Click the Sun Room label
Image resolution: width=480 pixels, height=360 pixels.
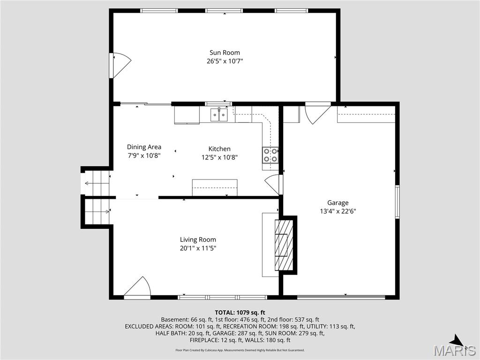pos(225,52)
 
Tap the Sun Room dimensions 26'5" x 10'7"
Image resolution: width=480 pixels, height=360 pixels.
pos(225,61)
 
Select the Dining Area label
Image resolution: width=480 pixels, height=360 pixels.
pos(144,147)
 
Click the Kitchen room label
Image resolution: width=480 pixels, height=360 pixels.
pos(219,149)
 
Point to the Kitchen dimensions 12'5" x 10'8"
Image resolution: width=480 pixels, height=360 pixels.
pos(219,157)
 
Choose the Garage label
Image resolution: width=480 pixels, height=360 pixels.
pos(337,202)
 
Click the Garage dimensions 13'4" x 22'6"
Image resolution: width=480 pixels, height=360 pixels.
pos(337,211)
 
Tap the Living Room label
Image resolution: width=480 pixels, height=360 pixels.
pos(198,240)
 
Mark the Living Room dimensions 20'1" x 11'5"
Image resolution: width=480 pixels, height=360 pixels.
pos(198,248)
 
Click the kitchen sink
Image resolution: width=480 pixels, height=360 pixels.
pos(218,114)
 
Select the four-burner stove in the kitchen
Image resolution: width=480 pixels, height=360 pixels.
pos(270,155)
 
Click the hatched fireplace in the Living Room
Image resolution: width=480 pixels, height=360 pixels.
pos(284,245)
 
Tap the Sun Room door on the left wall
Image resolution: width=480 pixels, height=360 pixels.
pos(120,65)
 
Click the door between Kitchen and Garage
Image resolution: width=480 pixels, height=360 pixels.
pos(274,184)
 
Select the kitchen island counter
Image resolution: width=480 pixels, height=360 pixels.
pos(214,187)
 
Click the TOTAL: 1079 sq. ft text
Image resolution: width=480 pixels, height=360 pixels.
pos(240,312)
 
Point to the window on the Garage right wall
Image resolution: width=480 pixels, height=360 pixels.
pos(397,202)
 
